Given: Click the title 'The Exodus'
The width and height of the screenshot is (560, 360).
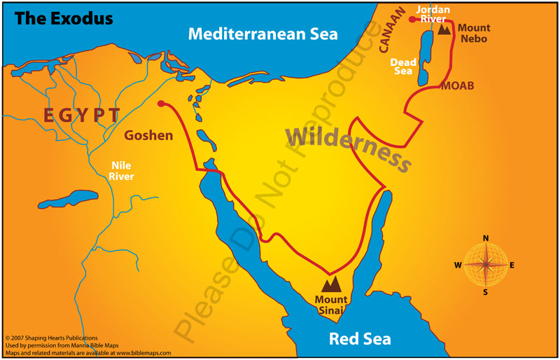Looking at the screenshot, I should pyautogui.click(x=64, y=18).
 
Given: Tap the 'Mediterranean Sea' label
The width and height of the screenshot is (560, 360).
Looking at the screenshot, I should pyautogui.click(x=262, y=34).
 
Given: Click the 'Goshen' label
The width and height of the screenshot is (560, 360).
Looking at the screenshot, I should pyautogui.click(x=148, y=135).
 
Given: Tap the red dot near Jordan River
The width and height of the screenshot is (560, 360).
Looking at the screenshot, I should pyautogui.click(x=421, y=20).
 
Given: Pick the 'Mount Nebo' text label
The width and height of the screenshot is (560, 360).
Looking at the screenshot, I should pyautogui.click(x=474, y=34).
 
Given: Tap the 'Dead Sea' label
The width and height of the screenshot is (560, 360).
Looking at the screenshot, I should pyautogui.click(x=403, y=67).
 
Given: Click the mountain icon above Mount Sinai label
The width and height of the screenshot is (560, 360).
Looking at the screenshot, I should pyautogui.click(x=330, y=283).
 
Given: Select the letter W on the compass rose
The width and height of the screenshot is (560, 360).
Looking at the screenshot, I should pyautogui.click(x=458, y=265).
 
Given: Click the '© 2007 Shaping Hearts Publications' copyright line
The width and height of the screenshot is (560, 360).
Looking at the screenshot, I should pyautogui.click(x=52, y=338).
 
